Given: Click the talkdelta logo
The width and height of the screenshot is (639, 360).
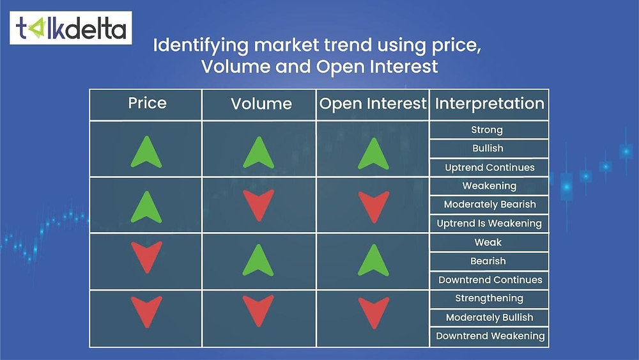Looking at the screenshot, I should tap(71, 27).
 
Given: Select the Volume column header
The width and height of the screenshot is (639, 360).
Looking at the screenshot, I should tap(261, 104).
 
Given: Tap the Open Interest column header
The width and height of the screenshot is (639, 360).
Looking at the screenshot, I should tap(373, 104).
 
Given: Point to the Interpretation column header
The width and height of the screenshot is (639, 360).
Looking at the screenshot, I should tap(489, 104).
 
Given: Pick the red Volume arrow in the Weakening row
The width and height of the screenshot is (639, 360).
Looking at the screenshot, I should tap(259, 205).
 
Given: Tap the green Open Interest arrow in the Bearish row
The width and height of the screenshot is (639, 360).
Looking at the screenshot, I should tap(373, 261).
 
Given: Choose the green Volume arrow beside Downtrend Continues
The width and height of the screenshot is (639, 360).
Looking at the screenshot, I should tap(259, 261).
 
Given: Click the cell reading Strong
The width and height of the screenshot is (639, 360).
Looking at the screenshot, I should tap(487, 130).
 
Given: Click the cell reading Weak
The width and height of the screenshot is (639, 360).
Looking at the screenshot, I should tap(488, 242).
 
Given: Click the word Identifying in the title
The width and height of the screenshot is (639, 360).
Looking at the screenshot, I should tap(192, 45).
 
